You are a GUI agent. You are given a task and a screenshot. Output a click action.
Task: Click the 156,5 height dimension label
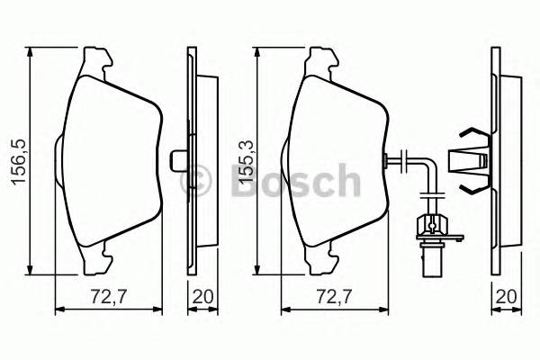(x=16, y=159)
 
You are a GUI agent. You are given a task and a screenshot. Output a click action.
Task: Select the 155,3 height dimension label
(x=242, y=159)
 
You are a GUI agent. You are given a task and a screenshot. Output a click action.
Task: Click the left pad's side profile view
(x=193, y=162)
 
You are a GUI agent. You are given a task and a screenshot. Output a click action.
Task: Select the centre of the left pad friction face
(x=108, y=162)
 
